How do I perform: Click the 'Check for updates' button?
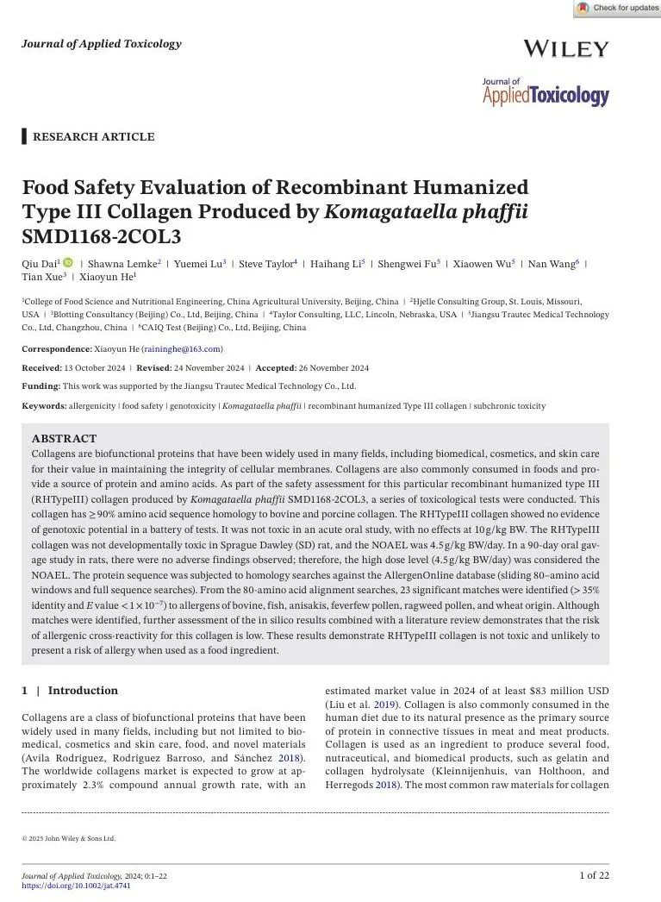[617, 8]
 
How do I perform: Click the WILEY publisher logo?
[565, 49]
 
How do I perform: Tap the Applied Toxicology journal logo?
[545, 92]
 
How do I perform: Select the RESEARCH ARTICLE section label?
[93, 136]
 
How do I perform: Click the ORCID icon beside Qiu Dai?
[68, 262]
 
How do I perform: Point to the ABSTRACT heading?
[64, 438]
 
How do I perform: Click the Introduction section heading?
[83, 690]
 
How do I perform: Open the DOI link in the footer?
[76, 886]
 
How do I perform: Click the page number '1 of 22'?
[594, 875]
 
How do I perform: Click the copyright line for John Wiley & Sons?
[68, 838]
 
